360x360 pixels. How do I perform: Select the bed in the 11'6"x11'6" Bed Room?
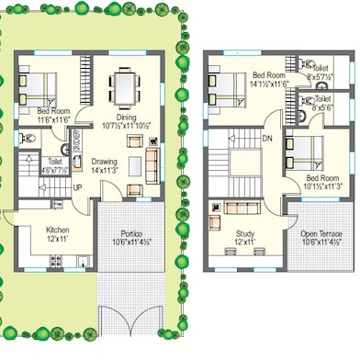(36, 90)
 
